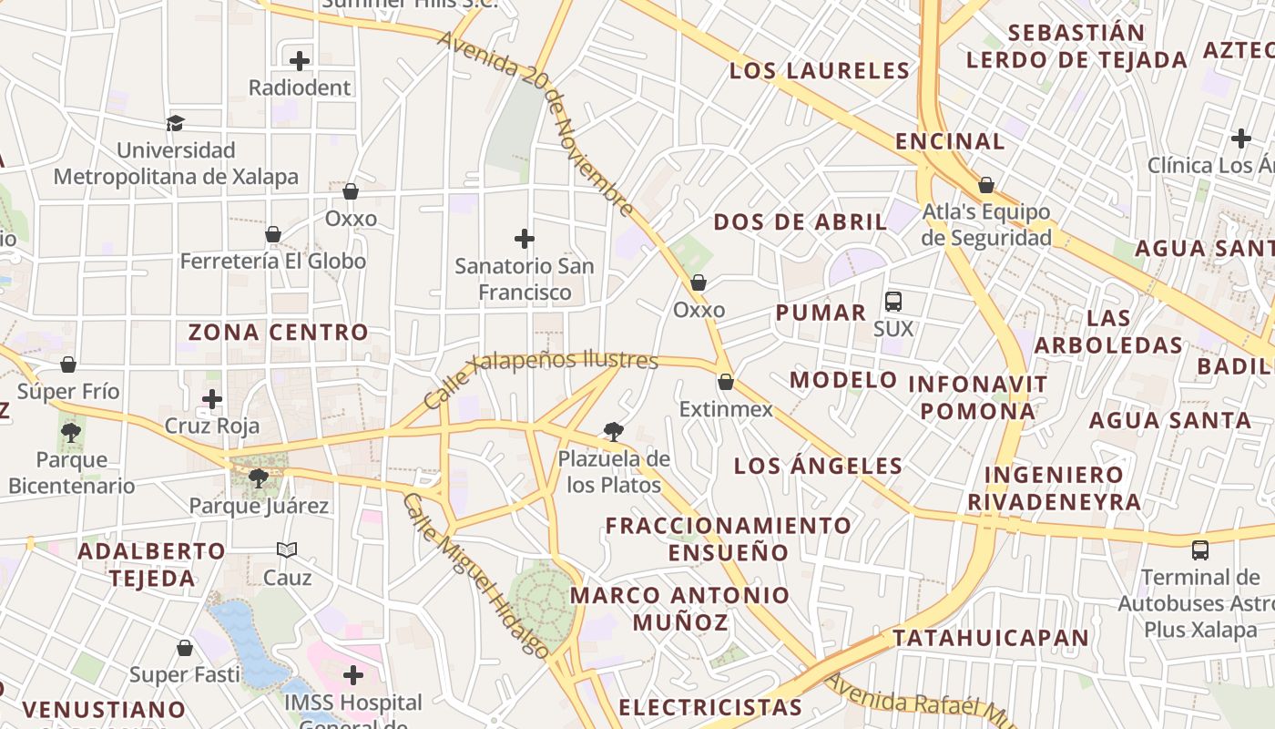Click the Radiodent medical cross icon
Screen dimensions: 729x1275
(x=300, y=61)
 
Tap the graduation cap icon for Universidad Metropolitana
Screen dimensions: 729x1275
(x=175, y=123)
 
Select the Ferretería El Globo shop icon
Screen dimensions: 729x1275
(x=272, y=235)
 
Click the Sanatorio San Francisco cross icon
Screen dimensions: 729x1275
(x=524, y=239)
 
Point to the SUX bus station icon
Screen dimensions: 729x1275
(x=892, y=302)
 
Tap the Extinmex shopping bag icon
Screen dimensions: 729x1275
(x=726, y=382)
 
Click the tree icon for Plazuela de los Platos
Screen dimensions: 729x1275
(x=614, y=432)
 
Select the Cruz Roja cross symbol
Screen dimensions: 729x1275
(x=212, y=399)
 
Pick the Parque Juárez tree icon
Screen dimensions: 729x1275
(x=259, y=477)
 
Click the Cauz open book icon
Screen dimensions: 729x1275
(x=287, y=549)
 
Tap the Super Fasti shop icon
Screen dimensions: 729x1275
(x=185, y=648)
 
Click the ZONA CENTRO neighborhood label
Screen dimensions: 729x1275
(x=278, y=333)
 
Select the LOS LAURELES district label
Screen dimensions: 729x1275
(x=820, y=70)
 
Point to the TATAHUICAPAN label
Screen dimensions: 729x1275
(x=990, y=638)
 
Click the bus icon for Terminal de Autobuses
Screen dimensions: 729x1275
(x=1200, y=549)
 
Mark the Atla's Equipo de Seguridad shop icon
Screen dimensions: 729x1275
(x=985, y=186)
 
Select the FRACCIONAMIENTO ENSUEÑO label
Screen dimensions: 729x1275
(x=729, y=539)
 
